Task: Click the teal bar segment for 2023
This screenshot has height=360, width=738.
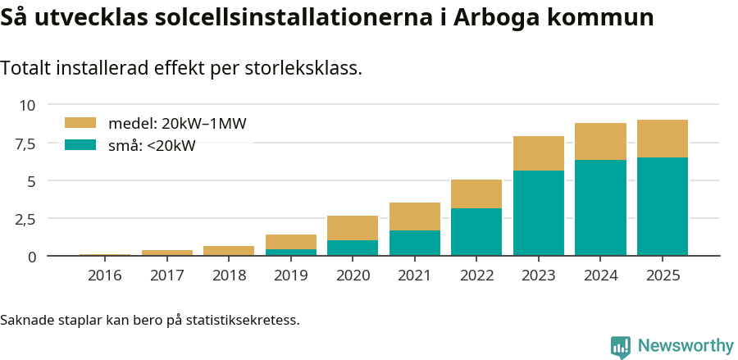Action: (539, 213)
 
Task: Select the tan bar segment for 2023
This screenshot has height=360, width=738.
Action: (539, 153)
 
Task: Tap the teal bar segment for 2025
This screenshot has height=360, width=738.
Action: (663, 207)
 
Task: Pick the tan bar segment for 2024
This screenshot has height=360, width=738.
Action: (600, 141)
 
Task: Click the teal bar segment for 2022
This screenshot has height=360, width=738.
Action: (476, 232)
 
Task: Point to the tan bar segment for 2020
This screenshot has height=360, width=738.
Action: (353, 228)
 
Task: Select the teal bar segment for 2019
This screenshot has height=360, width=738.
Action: (291, 253)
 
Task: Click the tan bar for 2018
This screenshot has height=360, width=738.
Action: (229, 251)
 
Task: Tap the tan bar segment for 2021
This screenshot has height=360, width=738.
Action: (415, 216)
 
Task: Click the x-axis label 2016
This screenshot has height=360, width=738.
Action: (105, 276)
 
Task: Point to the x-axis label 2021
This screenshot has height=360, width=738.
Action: (415, 276)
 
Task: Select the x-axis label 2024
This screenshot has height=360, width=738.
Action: (600, 276)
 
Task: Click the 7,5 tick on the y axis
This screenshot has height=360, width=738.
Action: (26, 143)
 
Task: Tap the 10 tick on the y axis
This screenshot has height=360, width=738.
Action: (29, 105)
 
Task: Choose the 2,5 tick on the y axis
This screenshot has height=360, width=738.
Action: (26, 219)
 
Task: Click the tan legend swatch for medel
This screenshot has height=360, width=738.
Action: (81, 123)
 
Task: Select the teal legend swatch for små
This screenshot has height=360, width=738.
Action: (81, 145)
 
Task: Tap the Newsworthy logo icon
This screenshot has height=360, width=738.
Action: (621, 346)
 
